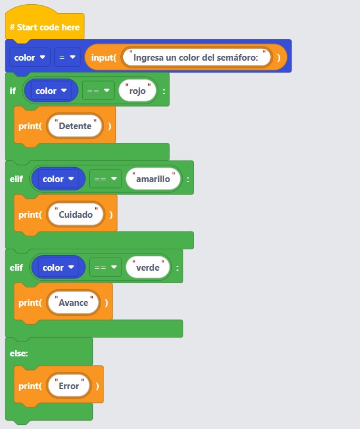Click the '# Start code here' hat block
(44, 27)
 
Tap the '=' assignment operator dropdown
(67, 58)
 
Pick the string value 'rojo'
(137, 91)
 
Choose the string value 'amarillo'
(153, 179)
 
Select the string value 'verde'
(148, 268)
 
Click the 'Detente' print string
(75, 126)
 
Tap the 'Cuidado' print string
(76, 215)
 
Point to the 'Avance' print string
(73, 303)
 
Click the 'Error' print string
(69, 386)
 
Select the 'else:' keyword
(19, 353)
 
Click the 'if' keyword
(13, 91)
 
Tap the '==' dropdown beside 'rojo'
(98, 91)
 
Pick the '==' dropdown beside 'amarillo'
(105, 179)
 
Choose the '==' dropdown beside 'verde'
(105, 268)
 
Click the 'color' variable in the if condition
(51, 91)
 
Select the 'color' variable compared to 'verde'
(58, 268)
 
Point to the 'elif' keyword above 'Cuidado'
(17, 179)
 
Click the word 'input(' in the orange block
(103, 58)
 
